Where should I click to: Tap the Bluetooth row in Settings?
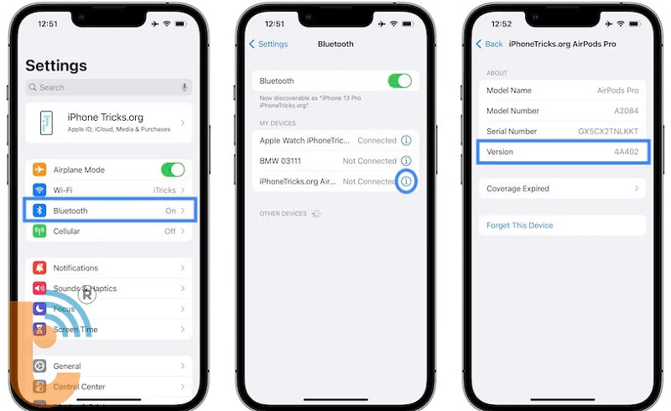tap(109, 211)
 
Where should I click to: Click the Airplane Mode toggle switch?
tap(173, 169)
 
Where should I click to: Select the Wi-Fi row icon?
tap(39, 190)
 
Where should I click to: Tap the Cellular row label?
tap(67, 232)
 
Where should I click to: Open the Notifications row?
tap(109, 268)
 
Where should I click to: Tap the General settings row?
tap(109, 367)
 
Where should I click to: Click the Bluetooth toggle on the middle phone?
tap(400, 81)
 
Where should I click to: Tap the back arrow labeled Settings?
tap(268, 44)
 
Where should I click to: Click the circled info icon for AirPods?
tap(407, 181)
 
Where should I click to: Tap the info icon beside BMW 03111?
tap(407, 161)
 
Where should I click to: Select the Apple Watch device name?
tap(303, 141)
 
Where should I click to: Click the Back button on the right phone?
tap(489, 44)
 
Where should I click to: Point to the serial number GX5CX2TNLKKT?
tap(608, 132)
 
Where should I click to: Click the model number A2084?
tap(626, 111)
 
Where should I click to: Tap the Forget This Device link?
tap(520, 226)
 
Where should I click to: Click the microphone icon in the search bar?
tap(184, 87)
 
